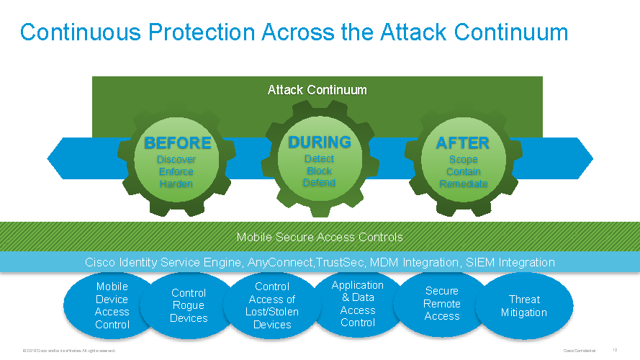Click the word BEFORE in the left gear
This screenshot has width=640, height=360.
click(x=177, y=143)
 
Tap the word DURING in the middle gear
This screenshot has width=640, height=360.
click(x=320, y=142)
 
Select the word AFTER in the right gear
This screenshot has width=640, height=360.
click(x=463, y=143)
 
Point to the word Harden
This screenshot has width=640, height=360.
click(x=176, y=184)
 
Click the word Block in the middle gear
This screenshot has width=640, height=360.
click(x=320, y=171)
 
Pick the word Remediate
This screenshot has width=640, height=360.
click(x=463, y=184)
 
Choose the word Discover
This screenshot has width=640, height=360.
click(x=176, y=159)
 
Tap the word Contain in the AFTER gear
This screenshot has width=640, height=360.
click(x=463, y=171)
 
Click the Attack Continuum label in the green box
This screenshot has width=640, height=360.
click(x=317, y=90)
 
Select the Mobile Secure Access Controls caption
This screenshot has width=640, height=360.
click(x=320, y=237)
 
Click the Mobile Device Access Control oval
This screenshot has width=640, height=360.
click(x=112, y=305)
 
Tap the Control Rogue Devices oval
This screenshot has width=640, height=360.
click(x=189, y=305)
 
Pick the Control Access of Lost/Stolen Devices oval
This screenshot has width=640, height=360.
click(x=272, y=305)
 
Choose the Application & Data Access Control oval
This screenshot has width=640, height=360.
click(x=358, y=303)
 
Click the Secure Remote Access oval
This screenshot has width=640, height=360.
click(x=442, y=303)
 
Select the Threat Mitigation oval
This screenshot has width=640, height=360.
click(x=523, y=306)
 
